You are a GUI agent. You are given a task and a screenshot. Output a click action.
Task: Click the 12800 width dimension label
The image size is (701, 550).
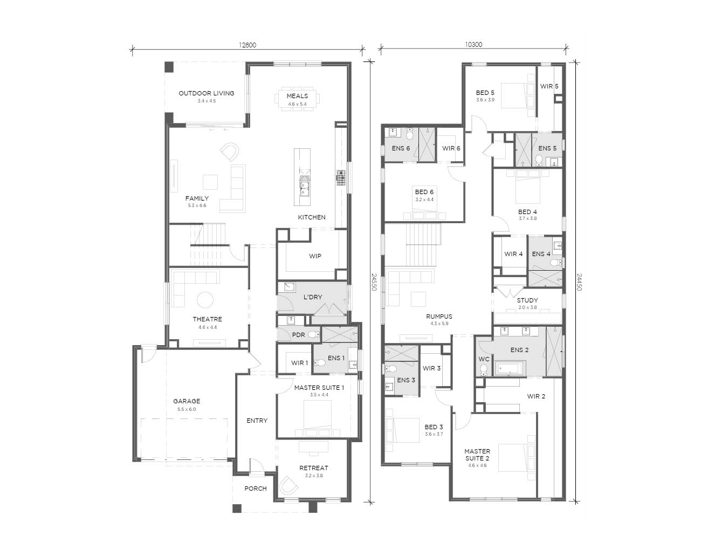248,45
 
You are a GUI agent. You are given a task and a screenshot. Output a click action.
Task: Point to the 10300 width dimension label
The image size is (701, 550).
473,45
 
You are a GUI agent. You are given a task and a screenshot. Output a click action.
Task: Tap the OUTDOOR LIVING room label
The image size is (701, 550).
207,93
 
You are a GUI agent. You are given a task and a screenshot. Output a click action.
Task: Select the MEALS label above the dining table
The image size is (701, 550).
297,96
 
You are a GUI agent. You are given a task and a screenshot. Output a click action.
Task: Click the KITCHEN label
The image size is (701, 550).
312,217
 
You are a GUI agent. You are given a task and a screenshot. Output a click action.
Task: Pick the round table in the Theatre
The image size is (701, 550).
205,300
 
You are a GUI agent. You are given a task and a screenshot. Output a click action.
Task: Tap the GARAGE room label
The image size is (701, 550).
187,401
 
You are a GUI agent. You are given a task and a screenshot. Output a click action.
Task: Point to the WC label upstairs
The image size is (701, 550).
484,359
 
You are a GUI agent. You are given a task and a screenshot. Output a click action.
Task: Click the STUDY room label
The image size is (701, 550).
527,300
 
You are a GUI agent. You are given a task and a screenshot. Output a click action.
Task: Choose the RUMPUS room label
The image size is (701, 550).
439,317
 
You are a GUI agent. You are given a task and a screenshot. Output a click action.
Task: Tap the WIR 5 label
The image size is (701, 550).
549,86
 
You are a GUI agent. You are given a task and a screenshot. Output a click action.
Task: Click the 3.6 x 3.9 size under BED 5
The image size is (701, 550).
485,100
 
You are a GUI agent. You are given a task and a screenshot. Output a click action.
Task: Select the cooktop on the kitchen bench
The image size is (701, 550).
341,177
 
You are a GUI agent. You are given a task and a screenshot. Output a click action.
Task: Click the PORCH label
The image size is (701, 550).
256,489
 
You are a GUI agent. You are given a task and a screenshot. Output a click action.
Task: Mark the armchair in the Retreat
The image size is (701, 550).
288,485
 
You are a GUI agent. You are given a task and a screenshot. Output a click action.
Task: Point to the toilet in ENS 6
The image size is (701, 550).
409,134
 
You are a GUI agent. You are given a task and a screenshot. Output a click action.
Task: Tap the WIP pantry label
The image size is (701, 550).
315,256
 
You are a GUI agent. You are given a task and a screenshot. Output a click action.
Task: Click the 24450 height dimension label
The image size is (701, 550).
579,282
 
